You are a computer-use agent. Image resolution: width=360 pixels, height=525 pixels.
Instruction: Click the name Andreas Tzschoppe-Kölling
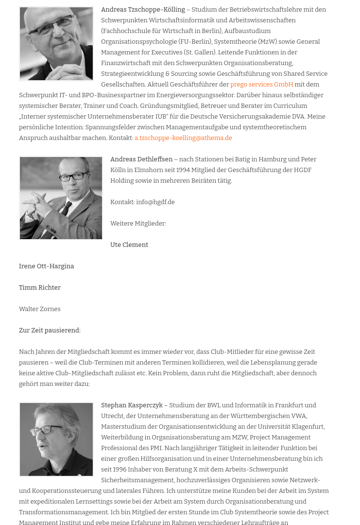point(143,10)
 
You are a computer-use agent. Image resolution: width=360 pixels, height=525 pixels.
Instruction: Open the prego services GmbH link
point(261,85)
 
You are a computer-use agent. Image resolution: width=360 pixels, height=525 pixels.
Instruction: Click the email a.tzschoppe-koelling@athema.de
point(183,138)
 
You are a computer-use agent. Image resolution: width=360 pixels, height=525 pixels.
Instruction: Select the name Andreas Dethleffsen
point(141,159)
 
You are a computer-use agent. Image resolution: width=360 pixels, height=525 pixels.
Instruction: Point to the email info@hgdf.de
point(155,202)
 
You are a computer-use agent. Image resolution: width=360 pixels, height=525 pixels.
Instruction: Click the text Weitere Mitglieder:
point(138,224)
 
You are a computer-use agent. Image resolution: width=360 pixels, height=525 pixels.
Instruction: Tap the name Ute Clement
point(129,245)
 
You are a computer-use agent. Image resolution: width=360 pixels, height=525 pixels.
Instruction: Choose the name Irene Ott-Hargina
point(47,266)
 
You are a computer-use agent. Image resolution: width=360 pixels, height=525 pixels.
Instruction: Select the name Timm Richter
point(40,288)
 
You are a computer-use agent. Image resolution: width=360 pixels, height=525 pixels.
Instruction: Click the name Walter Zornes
point(40,309)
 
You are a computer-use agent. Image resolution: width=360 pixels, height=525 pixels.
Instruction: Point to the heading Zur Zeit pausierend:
point(50,331)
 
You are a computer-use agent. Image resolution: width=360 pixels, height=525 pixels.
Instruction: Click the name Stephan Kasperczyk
point(132,405)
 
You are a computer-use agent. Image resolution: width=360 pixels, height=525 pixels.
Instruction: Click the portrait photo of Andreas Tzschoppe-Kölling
point(56,44)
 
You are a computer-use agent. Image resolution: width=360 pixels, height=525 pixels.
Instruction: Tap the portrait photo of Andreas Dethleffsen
point(61,198)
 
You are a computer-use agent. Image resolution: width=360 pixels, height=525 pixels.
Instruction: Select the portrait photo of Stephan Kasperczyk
point(56,439)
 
